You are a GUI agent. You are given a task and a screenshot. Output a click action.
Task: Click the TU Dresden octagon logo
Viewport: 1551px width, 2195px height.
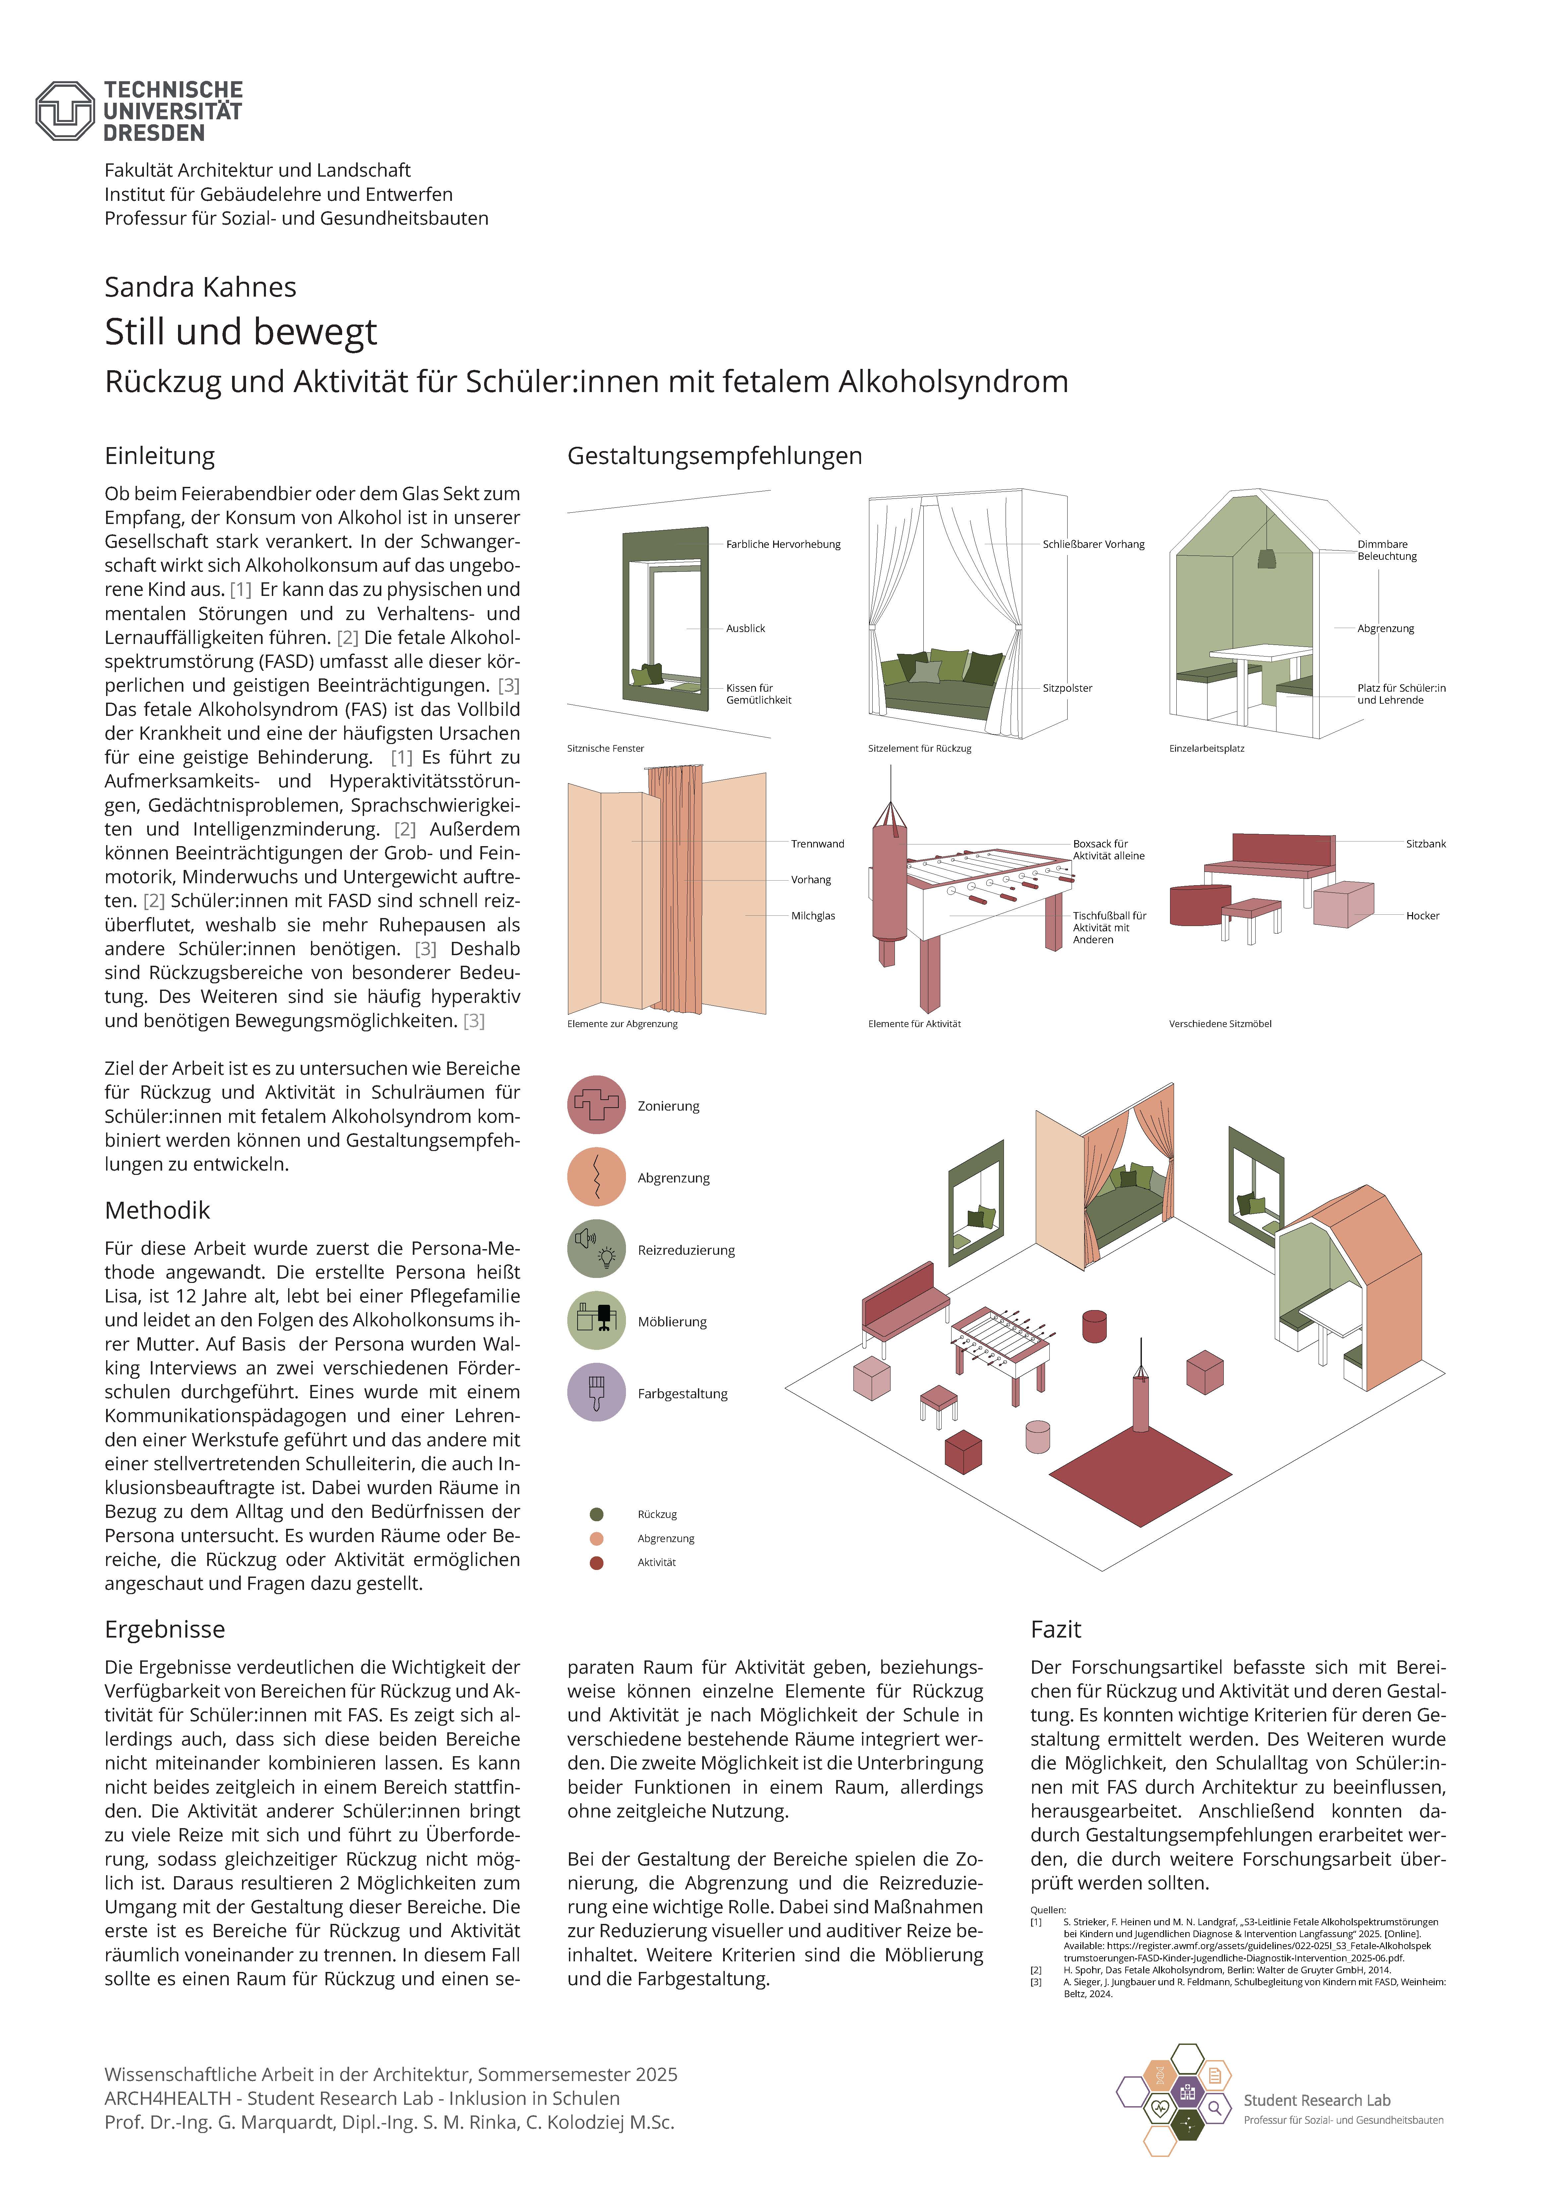pyautogui.click(x=65, y=111)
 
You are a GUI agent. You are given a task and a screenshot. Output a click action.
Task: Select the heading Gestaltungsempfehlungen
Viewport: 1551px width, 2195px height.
pyautogui.click(x=714, y=456)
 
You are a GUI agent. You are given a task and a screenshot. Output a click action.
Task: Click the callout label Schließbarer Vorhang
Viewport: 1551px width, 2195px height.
pyautogui.click(x=1093, y=544)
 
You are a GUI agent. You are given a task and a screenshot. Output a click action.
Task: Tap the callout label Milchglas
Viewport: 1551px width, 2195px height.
pyautogui.click(x=813, y=916)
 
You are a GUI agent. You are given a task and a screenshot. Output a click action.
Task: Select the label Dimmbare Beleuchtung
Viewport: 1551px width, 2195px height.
pyautogui.click(x=1387, y=550)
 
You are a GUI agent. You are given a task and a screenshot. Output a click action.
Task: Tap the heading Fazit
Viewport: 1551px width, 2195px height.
pyautogui.click(x=1056, y=1629)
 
